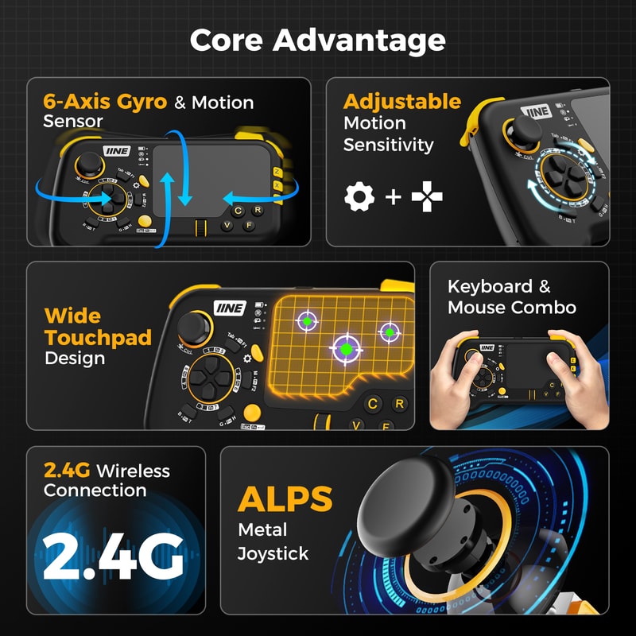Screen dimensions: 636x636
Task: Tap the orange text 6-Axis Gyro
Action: point(105,102)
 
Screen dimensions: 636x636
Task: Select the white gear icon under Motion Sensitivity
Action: point(359,196)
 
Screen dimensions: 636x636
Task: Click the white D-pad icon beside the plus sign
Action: point(427,196)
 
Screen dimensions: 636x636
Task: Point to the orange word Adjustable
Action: point(401,102)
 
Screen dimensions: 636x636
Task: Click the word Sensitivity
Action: point(388,145)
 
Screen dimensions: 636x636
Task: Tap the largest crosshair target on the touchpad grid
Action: point(345,348)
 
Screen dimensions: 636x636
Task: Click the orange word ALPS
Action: point(285,499)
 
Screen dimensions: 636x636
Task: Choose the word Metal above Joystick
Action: point(262,529)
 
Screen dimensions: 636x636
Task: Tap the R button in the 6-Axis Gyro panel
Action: point(258,211)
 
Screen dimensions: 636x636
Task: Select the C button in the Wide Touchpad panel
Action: point(372,404)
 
